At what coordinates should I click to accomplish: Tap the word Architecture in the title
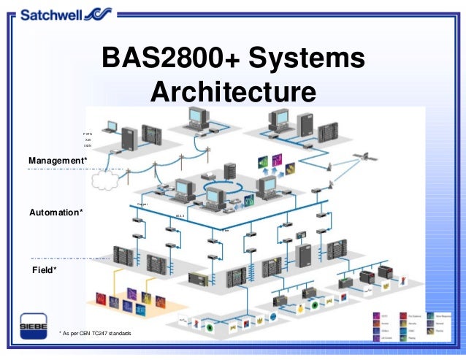click(x=233, y=93)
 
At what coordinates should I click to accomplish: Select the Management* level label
click(x=58, y=160)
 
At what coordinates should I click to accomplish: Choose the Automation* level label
click(x=56, y=212)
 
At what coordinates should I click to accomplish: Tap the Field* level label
click(x=45, y=269)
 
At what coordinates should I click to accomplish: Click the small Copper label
click(x=142, y=204)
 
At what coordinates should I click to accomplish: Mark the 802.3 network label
click(x=180, y=216)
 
